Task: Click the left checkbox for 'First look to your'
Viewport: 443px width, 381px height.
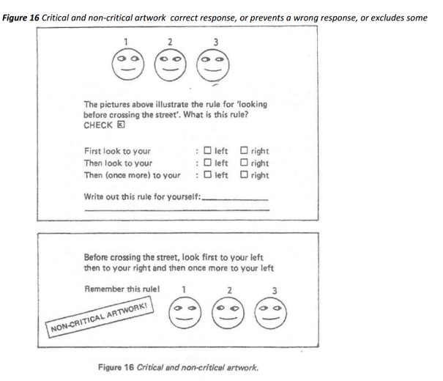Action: [208, 150]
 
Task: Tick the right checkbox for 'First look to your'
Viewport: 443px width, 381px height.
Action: [244, 150]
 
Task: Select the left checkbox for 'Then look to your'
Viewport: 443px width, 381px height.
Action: [208, 162]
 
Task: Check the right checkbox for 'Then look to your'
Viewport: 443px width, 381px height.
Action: [244, 162]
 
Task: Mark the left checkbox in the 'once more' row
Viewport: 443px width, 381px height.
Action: [208, 174]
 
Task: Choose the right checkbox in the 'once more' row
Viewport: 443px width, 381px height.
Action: [244, 174]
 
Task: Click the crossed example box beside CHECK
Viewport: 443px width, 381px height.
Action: [121, 125]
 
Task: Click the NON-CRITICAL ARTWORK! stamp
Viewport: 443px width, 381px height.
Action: [100, 317]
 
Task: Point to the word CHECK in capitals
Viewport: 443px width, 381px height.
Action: [98, 125]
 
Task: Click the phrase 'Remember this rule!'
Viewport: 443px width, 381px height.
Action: [122, 289]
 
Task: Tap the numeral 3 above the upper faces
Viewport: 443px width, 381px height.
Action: [216, 42]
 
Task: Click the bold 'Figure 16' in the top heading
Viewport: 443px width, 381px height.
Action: [21, 18]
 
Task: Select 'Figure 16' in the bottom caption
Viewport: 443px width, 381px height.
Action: [116, 367]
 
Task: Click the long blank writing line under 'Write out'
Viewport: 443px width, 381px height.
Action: [177, 210]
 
